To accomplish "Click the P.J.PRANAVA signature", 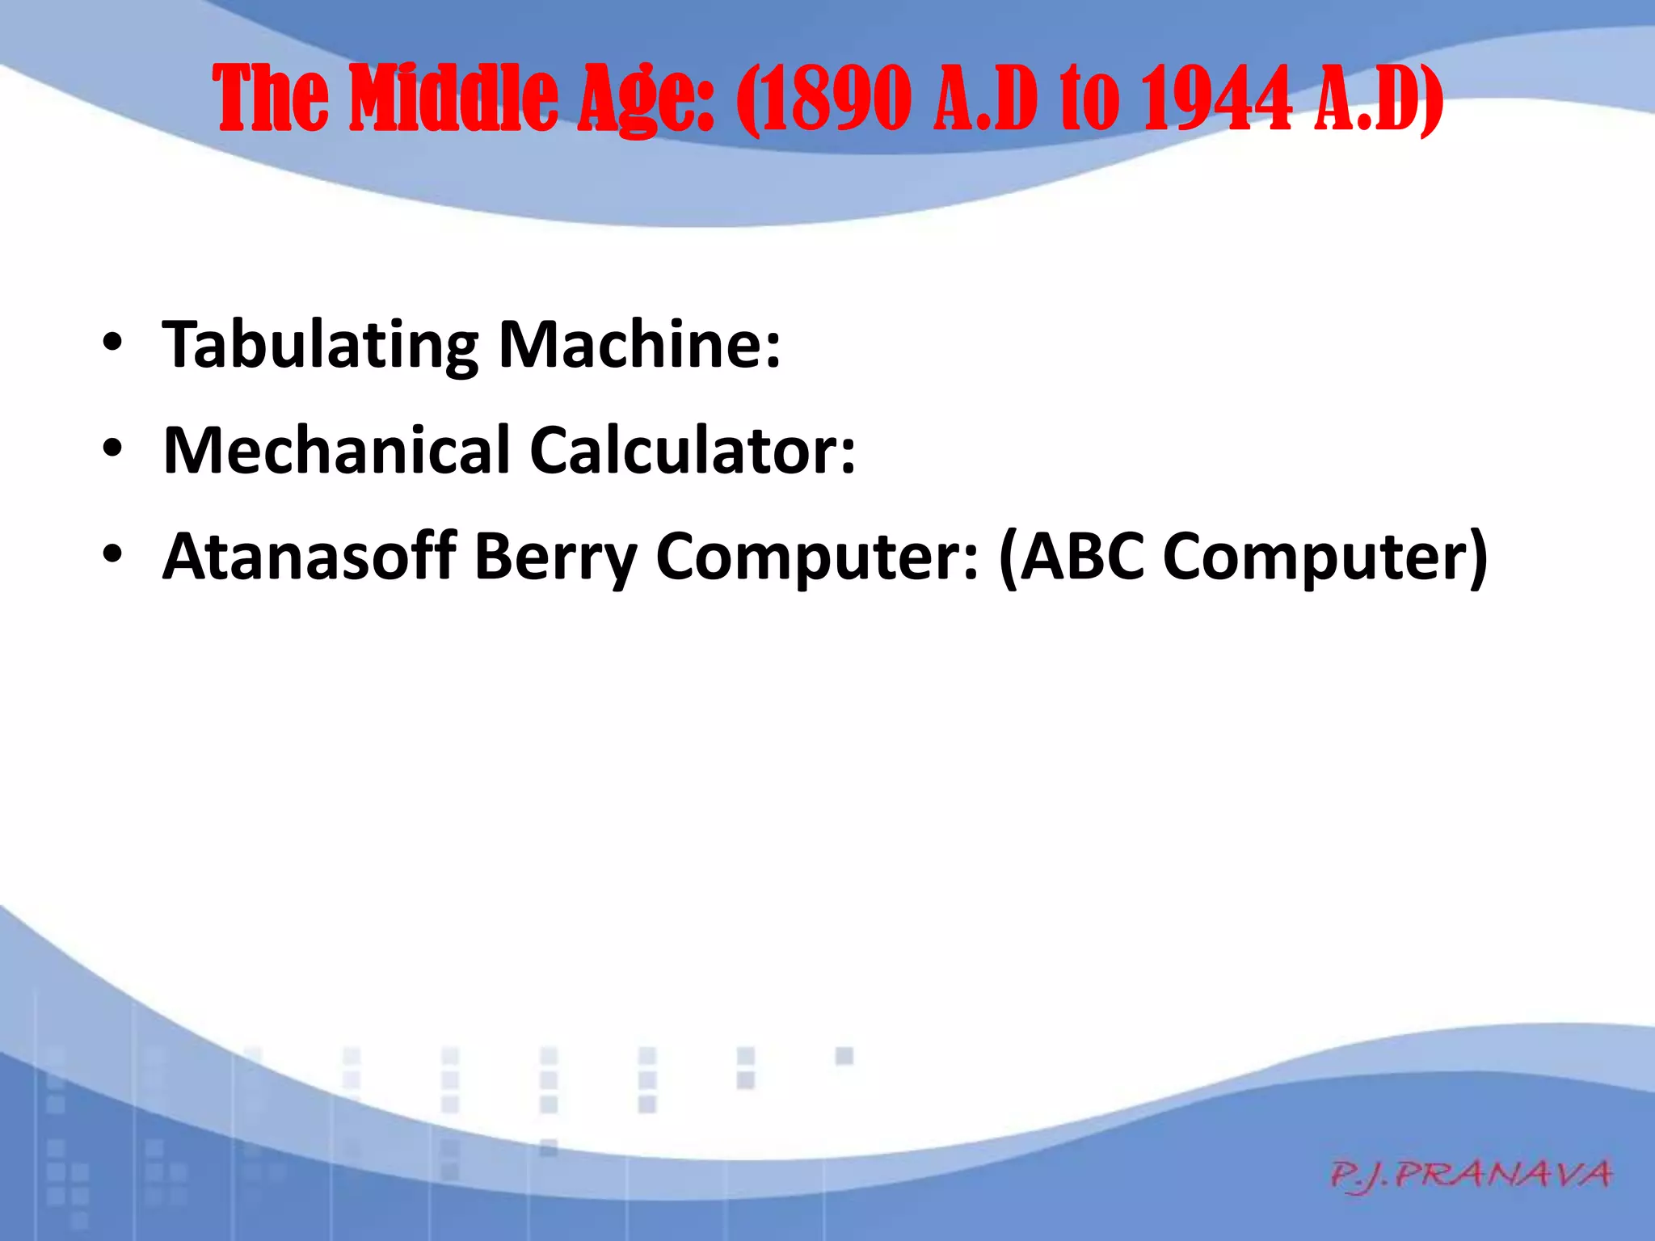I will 1471,1174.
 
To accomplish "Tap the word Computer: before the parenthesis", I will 817,557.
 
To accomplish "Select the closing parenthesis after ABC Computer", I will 1477,557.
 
